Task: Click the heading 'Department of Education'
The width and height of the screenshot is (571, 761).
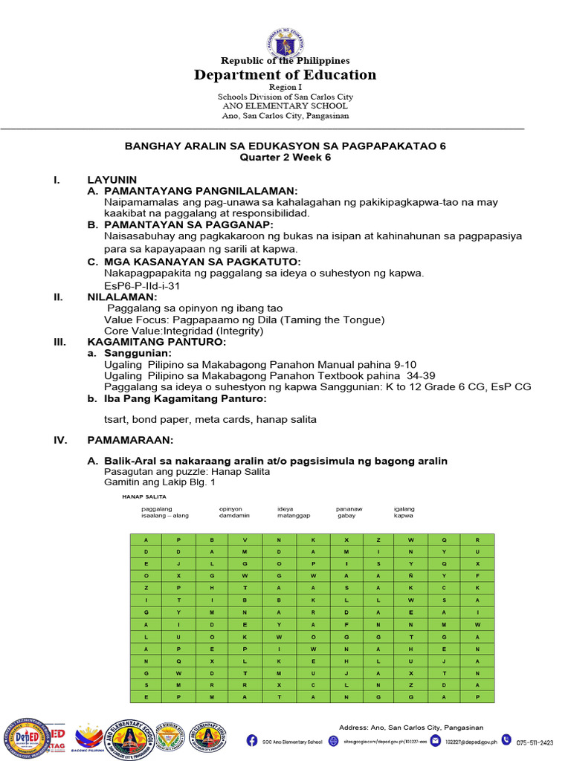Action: click(x=285, y=75)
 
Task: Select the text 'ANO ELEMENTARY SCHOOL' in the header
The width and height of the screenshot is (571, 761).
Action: click(x=285, y=106)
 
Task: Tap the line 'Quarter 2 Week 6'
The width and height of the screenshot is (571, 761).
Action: click(x=285, y=158)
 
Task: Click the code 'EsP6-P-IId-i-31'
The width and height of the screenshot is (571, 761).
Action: click(x=143, y=285)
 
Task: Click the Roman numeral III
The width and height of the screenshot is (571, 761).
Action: click(x=60, y=342)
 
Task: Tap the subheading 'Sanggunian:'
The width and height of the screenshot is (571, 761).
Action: click(x=138, y=353)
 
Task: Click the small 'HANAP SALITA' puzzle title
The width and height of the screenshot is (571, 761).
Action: click(x=144, y=496)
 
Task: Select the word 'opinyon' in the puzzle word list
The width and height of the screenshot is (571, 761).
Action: click(x=230, y=509)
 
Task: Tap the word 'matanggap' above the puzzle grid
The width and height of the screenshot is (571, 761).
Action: click(x=294, y=515)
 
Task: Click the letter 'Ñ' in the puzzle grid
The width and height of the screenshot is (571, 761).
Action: click(x=410, y=574)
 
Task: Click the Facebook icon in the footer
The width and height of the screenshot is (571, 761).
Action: click(x=253, y=741)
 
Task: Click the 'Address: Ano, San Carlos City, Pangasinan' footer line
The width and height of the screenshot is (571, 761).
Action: click(x=411, y=727)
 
